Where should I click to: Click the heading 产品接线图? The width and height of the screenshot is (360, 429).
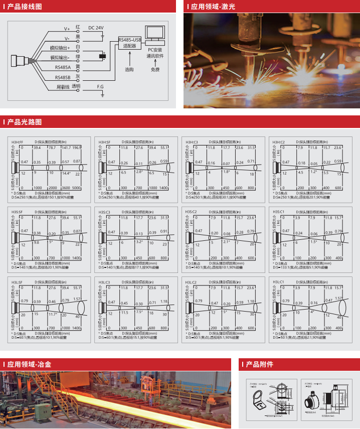coord(25,7)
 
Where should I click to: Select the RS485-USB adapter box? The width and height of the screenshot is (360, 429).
coord(129,42)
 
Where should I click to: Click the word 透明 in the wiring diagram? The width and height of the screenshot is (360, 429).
coord(76,86)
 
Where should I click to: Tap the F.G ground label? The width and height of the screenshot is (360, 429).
coord(100,87)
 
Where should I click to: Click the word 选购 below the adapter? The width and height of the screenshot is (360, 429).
coord(129,69)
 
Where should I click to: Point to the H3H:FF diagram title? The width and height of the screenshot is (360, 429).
coord(18,142)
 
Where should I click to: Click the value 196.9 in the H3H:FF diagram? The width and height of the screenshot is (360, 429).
coord(77,148)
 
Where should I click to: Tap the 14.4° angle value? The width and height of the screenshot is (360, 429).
coord(66,173)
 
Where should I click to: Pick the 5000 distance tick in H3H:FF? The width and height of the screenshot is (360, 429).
coord(77,187)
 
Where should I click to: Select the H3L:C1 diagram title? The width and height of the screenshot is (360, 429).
coord(278,282)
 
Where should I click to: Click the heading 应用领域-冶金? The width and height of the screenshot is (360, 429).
coord(29,364)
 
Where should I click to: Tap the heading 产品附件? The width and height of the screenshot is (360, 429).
coord(259,364)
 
